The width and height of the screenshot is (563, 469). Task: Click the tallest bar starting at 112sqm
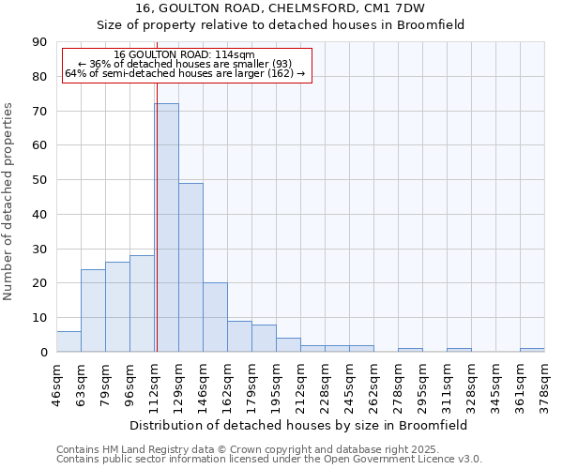coord(166,227)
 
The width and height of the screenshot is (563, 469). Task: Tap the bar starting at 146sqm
coord(215,317)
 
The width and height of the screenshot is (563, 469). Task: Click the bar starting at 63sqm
coord(93,310)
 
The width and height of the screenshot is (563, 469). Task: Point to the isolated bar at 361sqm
coord(532,350)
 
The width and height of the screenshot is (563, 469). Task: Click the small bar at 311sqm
coord(459,350)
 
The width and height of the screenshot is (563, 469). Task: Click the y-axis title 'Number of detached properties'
coord(9,201)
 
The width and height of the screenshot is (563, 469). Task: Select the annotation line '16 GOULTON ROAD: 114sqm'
coord(184,55)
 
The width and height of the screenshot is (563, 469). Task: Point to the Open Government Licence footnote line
coord(269,460)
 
